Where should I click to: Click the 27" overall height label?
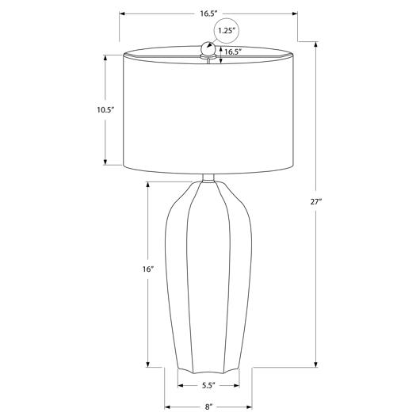316,202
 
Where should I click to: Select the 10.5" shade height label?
105,110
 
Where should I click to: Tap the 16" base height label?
148,269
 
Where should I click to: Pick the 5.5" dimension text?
208,385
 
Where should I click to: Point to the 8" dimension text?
208,407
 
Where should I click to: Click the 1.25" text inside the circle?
227,31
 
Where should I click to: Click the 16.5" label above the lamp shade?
208,13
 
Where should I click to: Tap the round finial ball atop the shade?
208,48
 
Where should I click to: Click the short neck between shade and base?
208,178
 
